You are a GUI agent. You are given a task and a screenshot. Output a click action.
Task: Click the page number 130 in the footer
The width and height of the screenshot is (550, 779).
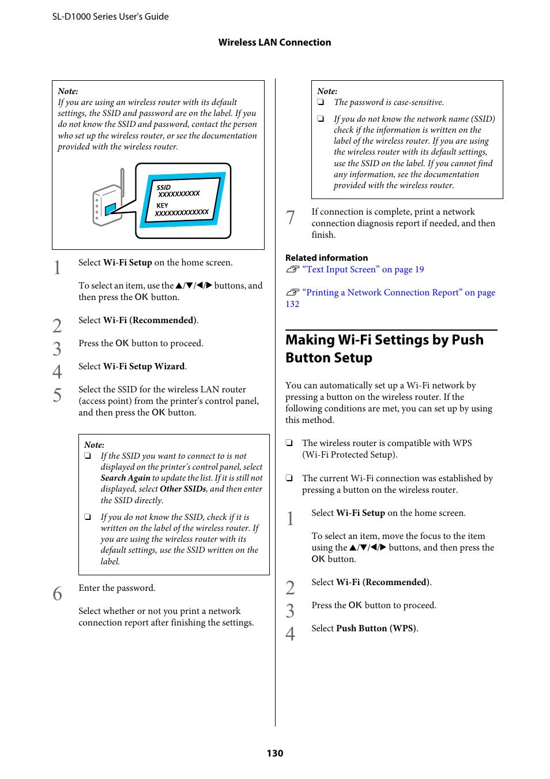274,753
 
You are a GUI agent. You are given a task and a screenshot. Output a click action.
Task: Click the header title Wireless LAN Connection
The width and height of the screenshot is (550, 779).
274,42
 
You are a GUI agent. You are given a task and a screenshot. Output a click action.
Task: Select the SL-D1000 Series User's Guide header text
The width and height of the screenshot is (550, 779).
110,16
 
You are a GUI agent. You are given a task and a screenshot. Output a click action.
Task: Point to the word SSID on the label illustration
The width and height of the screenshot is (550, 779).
164,188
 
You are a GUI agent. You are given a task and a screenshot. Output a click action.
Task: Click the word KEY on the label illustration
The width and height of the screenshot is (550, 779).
163,205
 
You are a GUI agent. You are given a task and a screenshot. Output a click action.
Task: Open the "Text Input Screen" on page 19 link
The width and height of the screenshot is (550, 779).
363,269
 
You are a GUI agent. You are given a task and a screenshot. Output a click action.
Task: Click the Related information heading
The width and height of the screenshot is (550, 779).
326,258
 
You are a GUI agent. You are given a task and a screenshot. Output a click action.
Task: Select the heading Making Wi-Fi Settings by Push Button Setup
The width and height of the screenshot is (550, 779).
384,349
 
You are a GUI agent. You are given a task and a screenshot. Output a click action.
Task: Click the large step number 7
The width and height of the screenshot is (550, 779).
291,218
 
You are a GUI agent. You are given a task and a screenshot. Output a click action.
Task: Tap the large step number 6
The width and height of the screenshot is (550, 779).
57,594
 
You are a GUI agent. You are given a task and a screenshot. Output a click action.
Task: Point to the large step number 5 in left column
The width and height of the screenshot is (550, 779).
57,395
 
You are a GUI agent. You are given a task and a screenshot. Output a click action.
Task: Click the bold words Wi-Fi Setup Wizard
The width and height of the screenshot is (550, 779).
144,366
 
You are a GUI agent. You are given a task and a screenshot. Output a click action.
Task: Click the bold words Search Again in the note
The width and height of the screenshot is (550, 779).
125,478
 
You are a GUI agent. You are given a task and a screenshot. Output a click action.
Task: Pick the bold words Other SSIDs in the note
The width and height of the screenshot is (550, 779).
183,489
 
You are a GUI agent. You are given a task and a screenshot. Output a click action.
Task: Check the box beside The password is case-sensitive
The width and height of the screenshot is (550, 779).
321,102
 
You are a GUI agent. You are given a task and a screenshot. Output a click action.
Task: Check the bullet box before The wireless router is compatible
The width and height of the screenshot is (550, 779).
289,443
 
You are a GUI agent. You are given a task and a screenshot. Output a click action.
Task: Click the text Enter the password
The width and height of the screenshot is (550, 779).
117,588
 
